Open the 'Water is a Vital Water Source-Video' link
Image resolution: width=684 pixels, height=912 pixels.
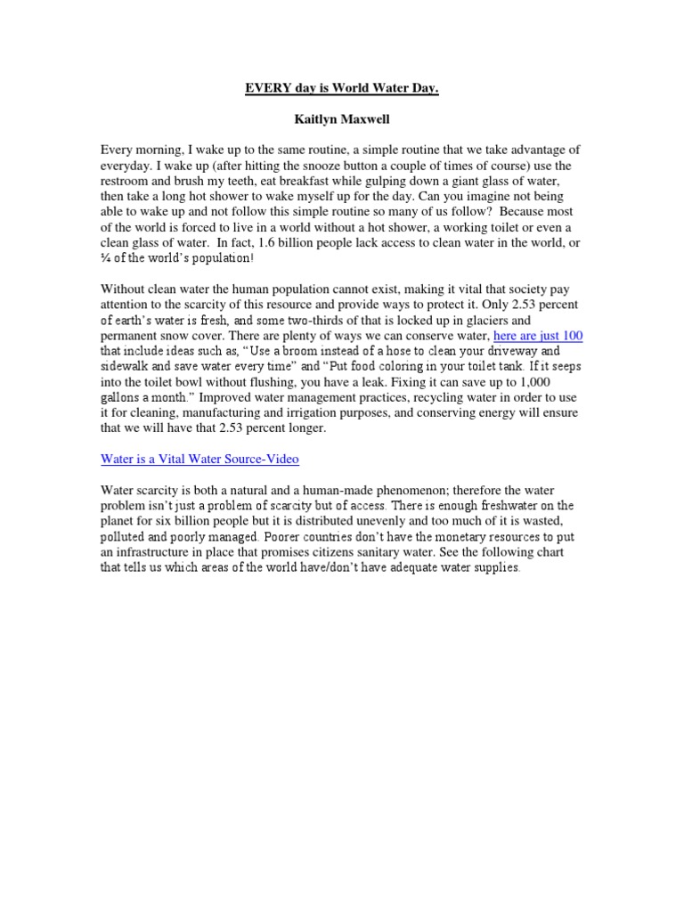coord(199,459)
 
